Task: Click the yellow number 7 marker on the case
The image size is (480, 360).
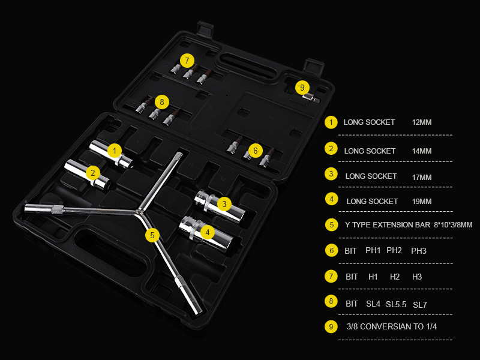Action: [187, 61]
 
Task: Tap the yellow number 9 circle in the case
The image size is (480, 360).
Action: [302, 88]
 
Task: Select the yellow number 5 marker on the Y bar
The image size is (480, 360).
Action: [152, 235]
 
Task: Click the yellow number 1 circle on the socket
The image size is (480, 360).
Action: [115, 151]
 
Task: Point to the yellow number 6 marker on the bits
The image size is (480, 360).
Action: [256, 151]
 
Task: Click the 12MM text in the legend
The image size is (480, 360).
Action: [422, 122]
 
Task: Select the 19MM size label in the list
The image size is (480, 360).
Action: [422, 202]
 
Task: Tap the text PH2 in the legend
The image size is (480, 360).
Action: [394, 250]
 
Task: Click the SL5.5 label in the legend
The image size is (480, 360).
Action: [396, 304]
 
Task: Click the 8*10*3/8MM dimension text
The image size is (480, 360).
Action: [453, 225]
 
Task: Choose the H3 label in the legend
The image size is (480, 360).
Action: [417, 277]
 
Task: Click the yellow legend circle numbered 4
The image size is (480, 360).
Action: [331, 199]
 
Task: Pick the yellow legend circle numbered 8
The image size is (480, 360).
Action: [331, 301]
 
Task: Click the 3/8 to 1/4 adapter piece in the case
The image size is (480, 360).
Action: [311, 98]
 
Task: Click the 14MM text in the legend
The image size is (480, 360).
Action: [422, 151]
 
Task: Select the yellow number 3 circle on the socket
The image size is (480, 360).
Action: [224, 204]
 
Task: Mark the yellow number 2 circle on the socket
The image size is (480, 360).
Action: [93, 173]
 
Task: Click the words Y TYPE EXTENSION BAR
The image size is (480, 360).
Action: [388, 225]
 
